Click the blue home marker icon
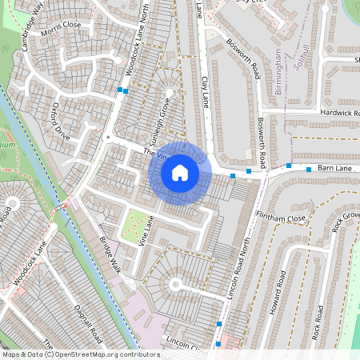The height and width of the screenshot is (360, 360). click(180, 172)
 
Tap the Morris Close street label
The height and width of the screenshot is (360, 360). click(62, 25)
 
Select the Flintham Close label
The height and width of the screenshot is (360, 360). click(281, 218)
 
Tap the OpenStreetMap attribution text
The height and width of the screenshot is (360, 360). click(80, 354)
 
